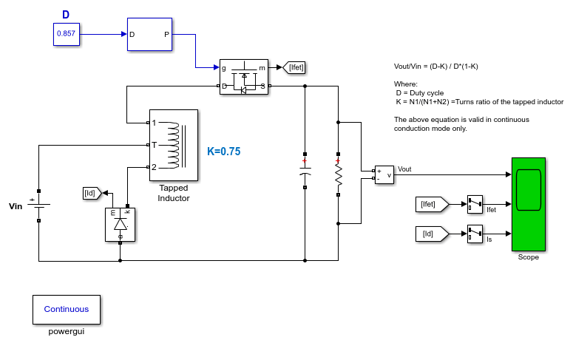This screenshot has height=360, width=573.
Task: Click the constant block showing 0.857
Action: pyautogui.click(x=66, y=34)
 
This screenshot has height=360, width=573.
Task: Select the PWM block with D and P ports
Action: pyautogui.click(x=149, y=34)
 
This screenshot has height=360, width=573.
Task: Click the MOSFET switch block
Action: pyautogui.click(x=244, y=77)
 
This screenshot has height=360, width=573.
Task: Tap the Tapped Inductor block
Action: pyautogui.click(x=174, y=145)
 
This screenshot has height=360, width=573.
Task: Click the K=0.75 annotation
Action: pyautogui.click(x=223, y=152)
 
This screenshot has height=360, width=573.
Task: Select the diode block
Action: pyautogui.click(x=120, y=225)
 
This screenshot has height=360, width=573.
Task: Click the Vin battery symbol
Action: pyautogui.click(x=38, y=206)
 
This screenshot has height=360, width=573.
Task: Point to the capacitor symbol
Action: pyautogui.click(x=305, y=171)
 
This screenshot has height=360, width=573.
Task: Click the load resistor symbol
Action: pyautogui.click(x=339, y=174)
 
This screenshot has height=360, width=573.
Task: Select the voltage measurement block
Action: pyautogui.click(x=384, y=174)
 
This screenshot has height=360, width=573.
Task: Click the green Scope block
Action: pyautogui.click(x=529, y=204)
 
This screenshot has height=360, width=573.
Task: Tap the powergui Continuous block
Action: pyautogui.click(x=66, y=310)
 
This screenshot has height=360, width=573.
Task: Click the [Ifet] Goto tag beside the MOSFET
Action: pyautogui.click(x=294, y=67)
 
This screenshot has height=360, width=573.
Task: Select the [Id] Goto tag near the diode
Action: pyautogui.click(x=92, y=193)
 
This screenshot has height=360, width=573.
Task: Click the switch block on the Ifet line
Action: pyautogui.click(x=475, y=204)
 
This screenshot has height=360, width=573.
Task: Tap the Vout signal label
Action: pyautogui.click(x=404, y=169)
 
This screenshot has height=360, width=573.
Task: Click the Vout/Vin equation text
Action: pyautogui.click(x=436, y=66)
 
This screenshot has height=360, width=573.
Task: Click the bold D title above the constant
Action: pyautogui.click(x=66, y=15)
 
